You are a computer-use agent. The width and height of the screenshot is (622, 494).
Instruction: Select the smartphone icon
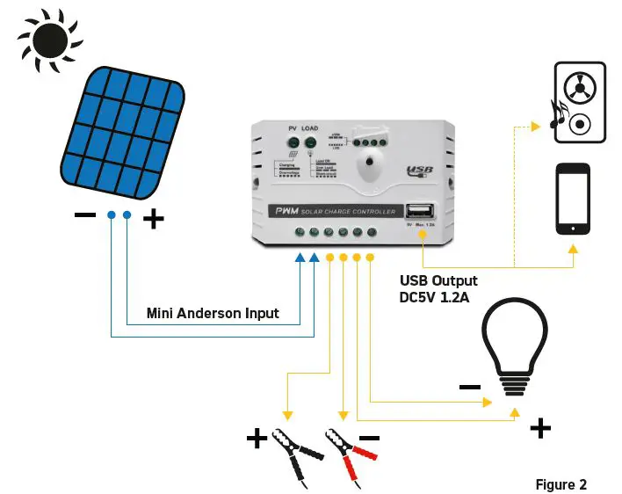573,199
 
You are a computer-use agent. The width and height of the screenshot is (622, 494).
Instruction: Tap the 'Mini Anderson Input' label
213,312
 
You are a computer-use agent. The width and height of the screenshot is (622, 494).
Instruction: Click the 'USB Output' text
438,280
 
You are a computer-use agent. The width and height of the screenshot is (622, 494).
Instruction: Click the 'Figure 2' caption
561,484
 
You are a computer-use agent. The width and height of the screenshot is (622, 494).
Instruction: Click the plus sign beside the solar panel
154,218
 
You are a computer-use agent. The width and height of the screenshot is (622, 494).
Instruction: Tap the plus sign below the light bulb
541,428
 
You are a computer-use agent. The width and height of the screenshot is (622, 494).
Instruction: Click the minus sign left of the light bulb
469,386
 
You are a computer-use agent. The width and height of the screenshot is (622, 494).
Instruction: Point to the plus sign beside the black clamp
257,438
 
